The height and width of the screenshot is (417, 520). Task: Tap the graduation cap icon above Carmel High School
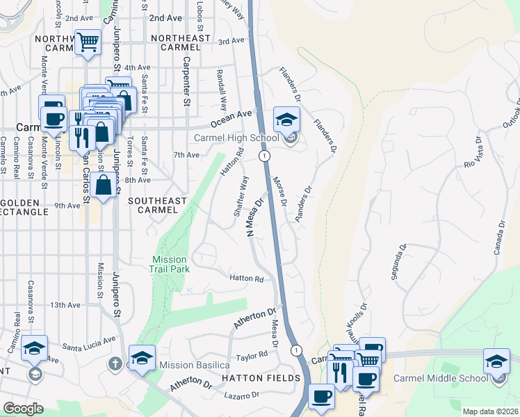point(286,120)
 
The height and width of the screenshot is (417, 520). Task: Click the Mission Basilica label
point(194,365)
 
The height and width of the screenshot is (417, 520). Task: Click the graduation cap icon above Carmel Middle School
point(496,361)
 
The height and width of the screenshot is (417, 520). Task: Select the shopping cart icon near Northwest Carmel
point(88,42)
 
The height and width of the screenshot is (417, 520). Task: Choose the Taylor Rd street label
point(252,355)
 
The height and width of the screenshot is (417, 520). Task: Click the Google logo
point(23,409)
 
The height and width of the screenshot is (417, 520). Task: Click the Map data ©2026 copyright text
point(490,411)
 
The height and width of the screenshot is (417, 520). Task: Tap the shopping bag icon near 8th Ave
point(103,185)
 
